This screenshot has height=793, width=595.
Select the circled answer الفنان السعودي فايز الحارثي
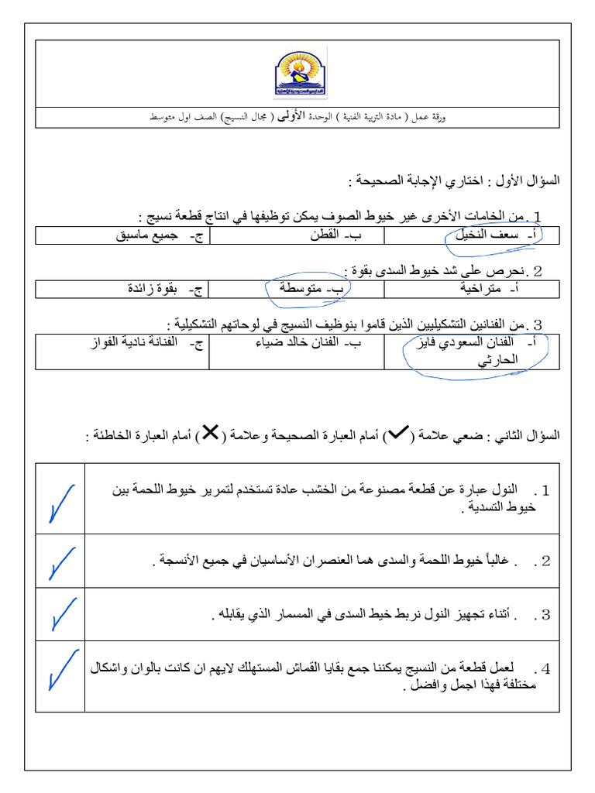tap(482, 350)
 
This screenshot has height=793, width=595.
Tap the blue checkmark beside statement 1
tap(60, 503)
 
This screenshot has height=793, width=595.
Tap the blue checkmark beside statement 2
tap(60, 562)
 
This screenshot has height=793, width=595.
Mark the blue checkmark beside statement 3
tap(60, 615)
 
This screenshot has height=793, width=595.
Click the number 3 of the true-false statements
tap(545, 615)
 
